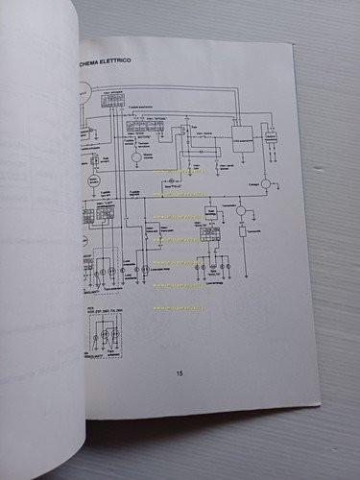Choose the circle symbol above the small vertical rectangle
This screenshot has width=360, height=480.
click(x=242, y=210)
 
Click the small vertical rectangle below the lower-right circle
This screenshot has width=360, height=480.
click(x=242, y=232)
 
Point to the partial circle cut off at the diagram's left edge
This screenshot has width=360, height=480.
click(x=84, y=93)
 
